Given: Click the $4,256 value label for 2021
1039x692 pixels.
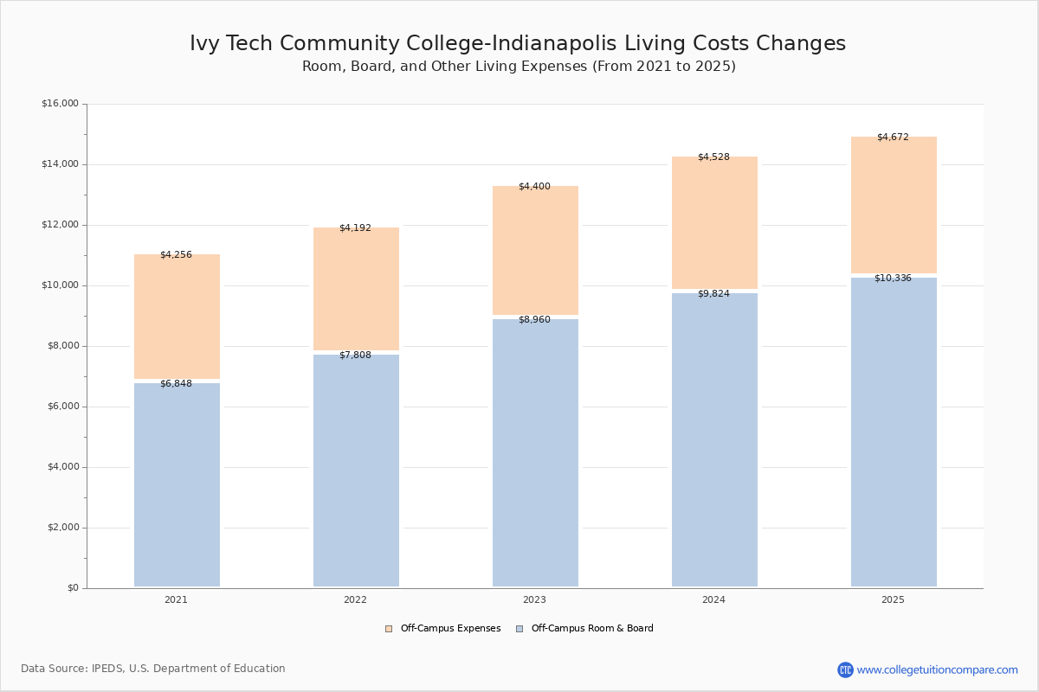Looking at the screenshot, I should tap(176, 255).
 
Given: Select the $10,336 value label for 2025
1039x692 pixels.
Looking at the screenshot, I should tap(893, 279).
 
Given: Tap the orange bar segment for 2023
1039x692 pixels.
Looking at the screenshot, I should tap(535, 251).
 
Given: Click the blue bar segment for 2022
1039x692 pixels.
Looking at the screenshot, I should tap(356, 471).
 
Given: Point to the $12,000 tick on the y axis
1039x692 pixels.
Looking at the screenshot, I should tap(60, 225).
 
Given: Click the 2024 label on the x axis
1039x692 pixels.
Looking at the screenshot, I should tap(713, 600).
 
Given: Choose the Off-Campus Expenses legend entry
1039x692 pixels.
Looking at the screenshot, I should tap(442, 629).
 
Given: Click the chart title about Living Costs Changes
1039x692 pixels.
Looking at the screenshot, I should tap(518, 44).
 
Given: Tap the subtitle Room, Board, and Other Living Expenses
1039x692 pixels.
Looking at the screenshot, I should tap(519, 67).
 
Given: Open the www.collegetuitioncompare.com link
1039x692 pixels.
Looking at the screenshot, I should tap(937, 670).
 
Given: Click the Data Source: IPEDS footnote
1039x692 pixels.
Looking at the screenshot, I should tap(153, 669).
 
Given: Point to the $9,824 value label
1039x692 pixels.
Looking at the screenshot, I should tap(713, 294).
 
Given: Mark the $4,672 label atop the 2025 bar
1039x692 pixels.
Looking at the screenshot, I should tap(893, 138).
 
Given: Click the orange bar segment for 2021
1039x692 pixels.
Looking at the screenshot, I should tap(177, 317).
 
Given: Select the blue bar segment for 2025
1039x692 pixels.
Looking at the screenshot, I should tap(894, 432).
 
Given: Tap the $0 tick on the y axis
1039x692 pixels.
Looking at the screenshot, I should tap(73, 588).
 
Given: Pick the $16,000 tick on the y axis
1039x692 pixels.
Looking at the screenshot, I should tap(60, 104).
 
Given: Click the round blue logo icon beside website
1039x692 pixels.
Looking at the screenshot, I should tap(845, 670).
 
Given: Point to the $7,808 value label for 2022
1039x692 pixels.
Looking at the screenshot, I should tap(355, 356).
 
